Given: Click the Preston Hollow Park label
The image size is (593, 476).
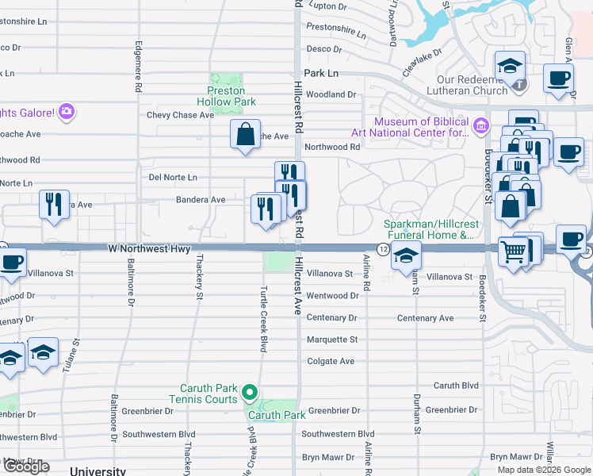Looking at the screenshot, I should (x=226, y=96).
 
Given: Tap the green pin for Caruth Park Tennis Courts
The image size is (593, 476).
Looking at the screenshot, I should (x=250, y=392).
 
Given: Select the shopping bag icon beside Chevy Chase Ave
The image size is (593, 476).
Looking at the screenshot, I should (x=246, y=135).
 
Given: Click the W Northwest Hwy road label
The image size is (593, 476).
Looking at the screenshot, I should (x=149, y=249).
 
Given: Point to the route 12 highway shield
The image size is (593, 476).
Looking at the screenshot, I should (x=383, y=249).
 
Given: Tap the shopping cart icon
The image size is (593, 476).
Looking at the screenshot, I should (x=514, y=252).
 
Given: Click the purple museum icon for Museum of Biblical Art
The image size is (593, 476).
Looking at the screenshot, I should (x=480, y=126).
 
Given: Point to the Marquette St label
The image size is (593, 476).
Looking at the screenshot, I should (x=332, y=340).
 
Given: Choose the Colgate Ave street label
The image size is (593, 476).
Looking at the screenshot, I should (x=331, y=362).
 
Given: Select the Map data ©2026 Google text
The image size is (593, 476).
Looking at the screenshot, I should (x=543, y=470).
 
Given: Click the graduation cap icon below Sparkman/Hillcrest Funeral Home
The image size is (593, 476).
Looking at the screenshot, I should (x=405, y=256).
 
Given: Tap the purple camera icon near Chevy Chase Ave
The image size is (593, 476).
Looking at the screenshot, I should (x=67, y=111).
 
